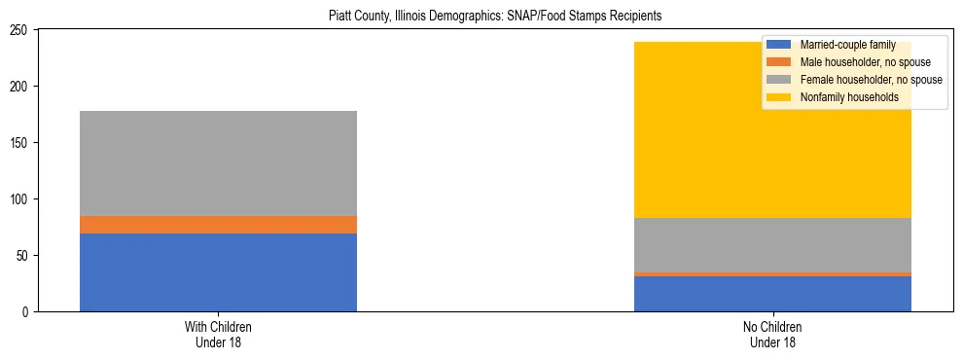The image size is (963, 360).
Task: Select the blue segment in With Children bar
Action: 218,272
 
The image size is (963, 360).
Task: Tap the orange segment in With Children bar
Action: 218,225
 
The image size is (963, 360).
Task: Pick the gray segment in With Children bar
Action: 218,163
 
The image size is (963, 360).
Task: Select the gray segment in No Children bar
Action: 772,245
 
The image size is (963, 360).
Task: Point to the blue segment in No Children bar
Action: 772,294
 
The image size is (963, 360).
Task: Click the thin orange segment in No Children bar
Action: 772,274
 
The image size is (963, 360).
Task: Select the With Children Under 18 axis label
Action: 218,335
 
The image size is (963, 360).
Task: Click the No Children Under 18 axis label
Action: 772,335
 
